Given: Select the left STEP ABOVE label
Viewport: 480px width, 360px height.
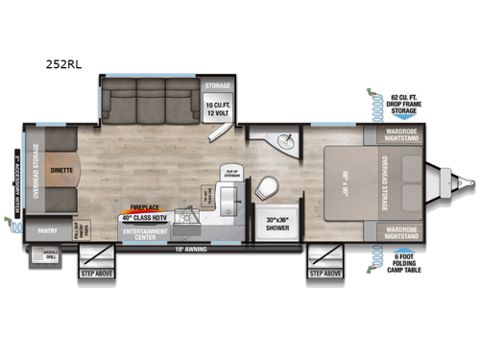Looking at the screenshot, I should (97, 274).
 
